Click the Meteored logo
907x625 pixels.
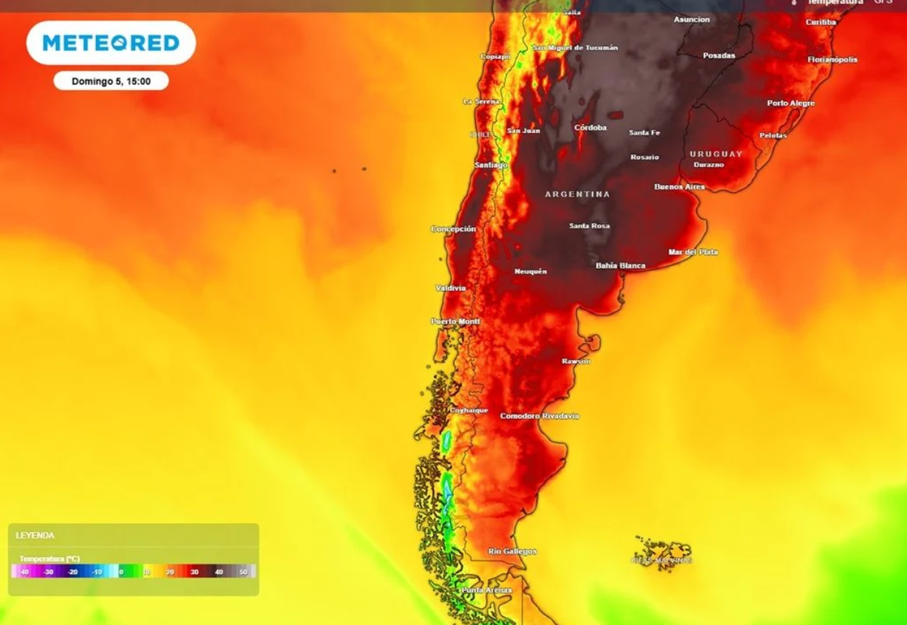[x=111, y=43]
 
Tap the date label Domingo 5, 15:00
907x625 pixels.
[x=111, y=81]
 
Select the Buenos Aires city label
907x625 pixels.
[x=679, y=187]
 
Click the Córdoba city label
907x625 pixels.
[x=591, y=128]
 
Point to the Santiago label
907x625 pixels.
[x=491, y=165]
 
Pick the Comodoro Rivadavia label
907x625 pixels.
[x=540, y=416]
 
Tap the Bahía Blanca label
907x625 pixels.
[x=620, y=265]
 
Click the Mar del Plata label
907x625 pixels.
[x=693, y=252]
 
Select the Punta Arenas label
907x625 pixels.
[x=486, y=590]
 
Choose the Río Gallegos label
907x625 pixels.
[x=512, y=551]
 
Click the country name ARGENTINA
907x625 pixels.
[x=577, y=194]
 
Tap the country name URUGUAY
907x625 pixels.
[x=716, y=154]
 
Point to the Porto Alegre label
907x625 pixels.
[x=791, y=103]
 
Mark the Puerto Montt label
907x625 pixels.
[x=455, y=321]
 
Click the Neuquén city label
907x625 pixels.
[x=531, y=271]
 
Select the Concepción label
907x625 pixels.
[x=453, y=229]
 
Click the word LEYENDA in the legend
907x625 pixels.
[x=35, y=535]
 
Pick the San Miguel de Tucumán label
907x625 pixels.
[x=575, y=47]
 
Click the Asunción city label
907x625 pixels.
[x=692, y=19]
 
